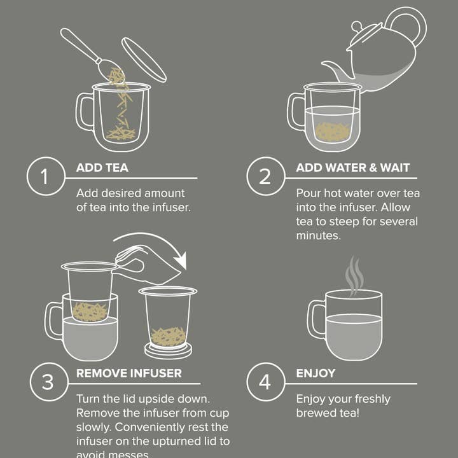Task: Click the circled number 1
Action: [x=45, y=176]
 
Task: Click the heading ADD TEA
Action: [x=102, y=168]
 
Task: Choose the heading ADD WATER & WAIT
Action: [x=352, y=168]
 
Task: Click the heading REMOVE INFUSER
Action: [x=128, y=373]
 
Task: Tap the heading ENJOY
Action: [x=315, y=373]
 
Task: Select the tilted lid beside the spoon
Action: [x=144, y=59]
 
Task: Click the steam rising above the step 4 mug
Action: [x=354, y=274]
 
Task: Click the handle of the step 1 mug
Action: [x=85, y=112]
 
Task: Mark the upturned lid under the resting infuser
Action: [x=169, y=350]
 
